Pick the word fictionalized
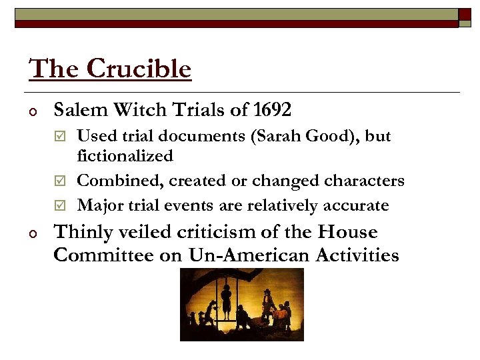(x=125, y=156)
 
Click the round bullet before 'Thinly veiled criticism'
(x=31, y=233)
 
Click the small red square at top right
(x=465, y=14)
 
